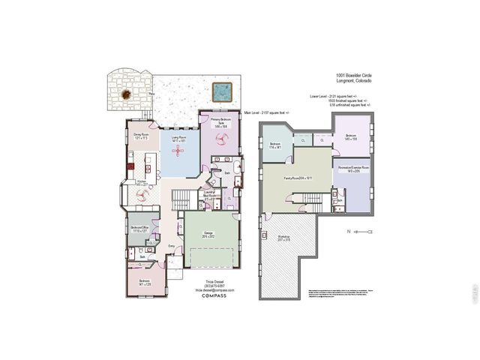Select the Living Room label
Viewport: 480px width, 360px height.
(x=177, y=139)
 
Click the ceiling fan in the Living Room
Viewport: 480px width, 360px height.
(x=178, y=152)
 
